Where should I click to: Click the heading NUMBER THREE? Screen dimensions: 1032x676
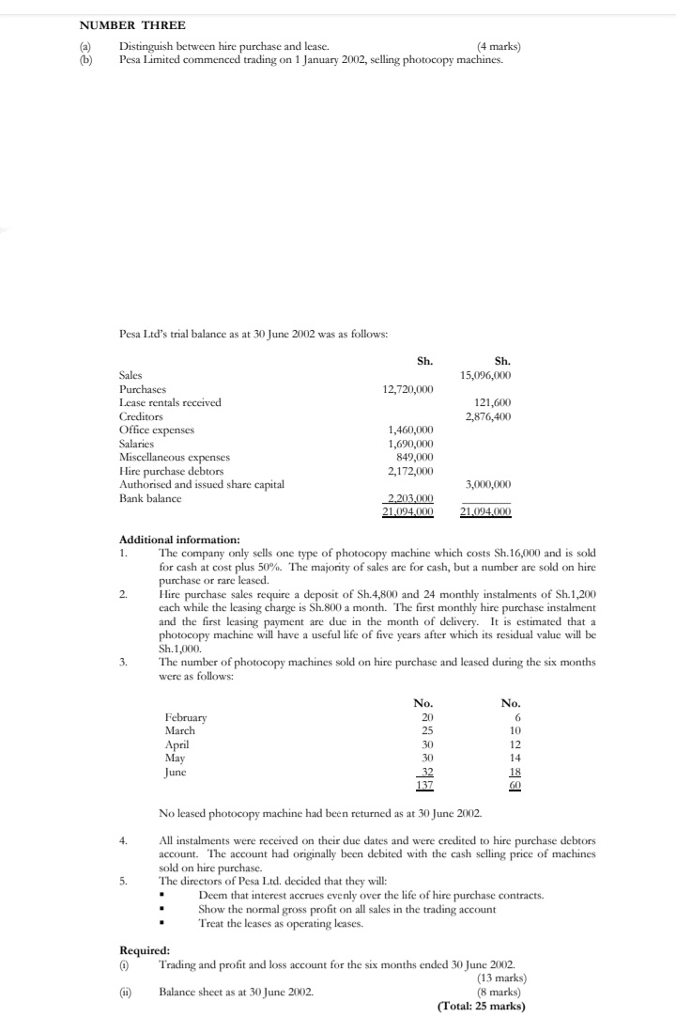tap(119, 25)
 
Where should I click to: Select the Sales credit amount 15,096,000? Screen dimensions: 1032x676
tap(486, 375)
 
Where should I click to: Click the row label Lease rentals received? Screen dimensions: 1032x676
tap(170, 402)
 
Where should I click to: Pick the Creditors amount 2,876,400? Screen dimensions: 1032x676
tap(488, 416)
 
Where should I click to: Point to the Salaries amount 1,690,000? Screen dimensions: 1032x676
tap(410, 444)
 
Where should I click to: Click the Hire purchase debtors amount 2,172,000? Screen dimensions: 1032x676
tap(410, 471)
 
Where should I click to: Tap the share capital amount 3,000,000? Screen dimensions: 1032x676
tap(488, 484)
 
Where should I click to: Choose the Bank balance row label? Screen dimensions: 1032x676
tap(150, 498)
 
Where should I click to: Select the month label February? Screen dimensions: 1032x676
tap(185, 717)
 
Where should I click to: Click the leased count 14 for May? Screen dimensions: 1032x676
tap(514, 757)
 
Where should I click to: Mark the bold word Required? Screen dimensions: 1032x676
tap(144, 950)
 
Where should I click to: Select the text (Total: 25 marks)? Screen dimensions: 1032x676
tap(482, 1006)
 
